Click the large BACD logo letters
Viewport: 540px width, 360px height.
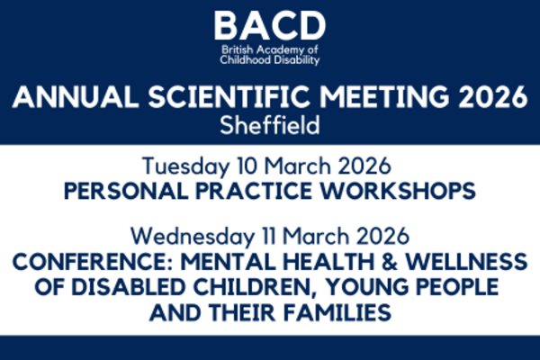[270, 25]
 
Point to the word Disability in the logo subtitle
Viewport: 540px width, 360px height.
[294, 60]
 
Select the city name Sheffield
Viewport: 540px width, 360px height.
[270, 125]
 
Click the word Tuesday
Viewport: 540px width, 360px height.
[185, 166]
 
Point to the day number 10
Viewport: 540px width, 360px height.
[247, 166]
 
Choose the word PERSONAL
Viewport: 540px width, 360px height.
[126, 191]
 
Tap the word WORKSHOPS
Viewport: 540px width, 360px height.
[398, 191]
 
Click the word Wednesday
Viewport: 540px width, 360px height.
[193, 237]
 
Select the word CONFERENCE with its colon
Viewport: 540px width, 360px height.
[93, 262]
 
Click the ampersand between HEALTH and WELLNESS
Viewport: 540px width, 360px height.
[390, 262]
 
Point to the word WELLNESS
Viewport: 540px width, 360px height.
[466, 262]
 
